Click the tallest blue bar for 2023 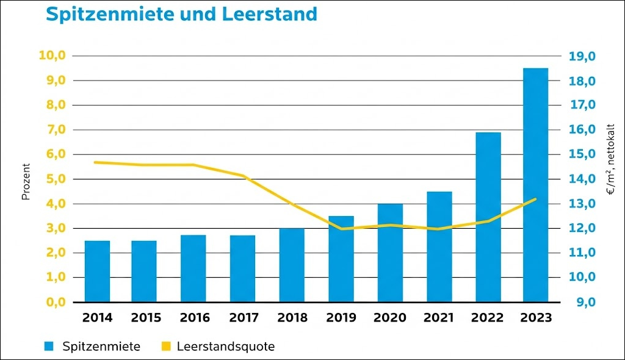[535, 185]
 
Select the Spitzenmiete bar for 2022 [488, 217]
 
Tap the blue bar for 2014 [97, 271]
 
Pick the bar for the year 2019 [341, 259]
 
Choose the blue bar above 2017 [242, 268]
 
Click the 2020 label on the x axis [390, 318]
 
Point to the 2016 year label [195, 318]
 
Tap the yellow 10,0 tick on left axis [52, 56]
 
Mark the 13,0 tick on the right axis [582, 204]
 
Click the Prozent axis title [26, 182]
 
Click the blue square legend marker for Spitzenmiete [49, 347]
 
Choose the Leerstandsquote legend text [225, 347]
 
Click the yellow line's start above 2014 [95, 162]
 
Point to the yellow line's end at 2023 [536, 199]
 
